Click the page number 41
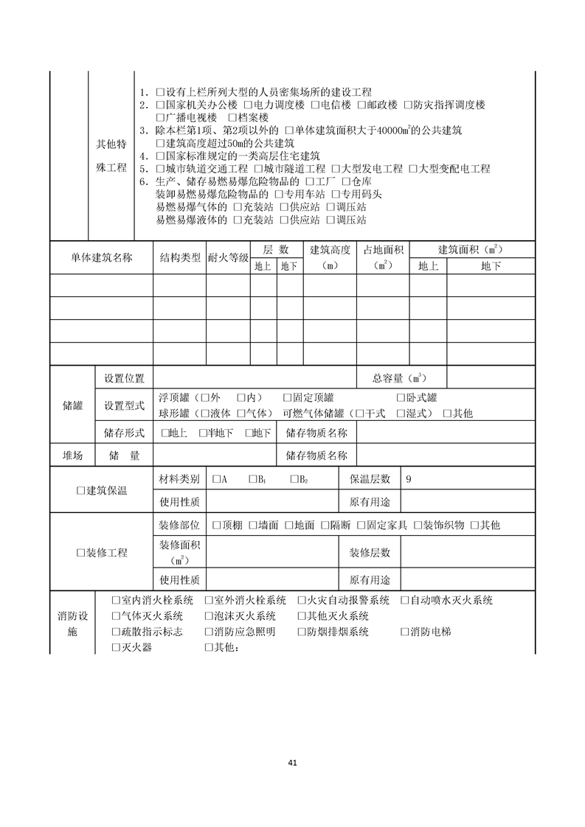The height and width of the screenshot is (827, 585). click(x=293, y=763)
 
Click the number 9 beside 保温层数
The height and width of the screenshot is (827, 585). click(x=409, y=479)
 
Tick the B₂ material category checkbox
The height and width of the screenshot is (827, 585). click(x=294, y=479)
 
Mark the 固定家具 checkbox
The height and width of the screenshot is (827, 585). click(x=361, y=525)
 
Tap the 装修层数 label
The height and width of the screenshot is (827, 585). click(x=370, y=552)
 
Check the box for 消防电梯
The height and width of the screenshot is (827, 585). click(x=405, y=632)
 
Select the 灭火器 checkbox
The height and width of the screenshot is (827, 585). click(x=116, y=647)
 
